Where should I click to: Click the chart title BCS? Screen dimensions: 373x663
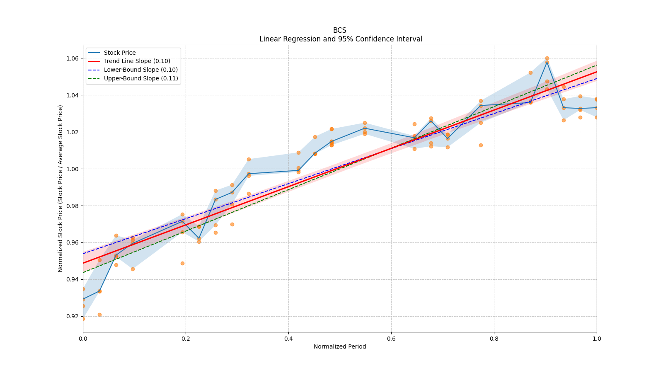(x=339, y=30)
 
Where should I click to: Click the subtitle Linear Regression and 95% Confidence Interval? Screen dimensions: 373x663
(x=341, y=39)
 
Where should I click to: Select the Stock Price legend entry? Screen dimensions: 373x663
(x=120, y=53)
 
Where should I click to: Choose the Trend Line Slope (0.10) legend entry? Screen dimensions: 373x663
(x=137, y=61)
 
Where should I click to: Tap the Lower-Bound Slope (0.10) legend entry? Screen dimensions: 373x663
(x=140, y=70)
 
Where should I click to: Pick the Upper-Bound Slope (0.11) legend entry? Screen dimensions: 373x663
(x=141, y=78)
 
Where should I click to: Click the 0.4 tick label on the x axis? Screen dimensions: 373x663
(x=288, y=338)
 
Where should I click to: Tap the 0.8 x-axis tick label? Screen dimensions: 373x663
(x=494, y=338)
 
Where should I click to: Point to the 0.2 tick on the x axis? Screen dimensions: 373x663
(x=186, y=338)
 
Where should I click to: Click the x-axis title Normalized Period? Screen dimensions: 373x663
(x=340, y=346)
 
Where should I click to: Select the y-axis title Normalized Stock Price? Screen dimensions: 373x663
(x=60, y=188)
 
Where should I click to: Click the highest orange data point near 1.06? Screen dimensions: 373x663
(x=547, y=58)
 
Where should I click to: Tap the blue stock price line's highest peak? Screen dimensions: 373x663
(x=547, y=62)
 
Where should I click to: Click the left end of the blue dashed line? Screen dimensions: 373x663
(x=83, y=254)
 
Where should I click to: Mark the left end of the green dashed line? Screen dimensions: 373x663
(x=83, y=272)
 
